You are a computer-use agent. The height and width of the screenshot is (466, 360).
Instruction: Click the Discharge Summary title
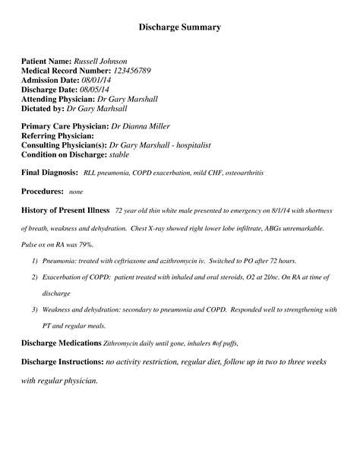point(180,27)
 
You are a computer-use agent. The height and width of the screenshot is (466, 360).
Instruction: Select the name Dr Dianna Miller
point(141,125)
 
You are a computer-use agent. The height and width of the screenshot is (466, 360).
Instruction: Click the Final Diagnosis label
point(49,173)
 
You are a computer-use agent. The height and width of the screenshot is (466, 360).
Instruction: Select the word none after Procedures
point(76,193)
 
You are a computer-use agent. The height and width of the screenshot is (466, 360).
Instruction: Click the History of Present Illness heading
point(65,211)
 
